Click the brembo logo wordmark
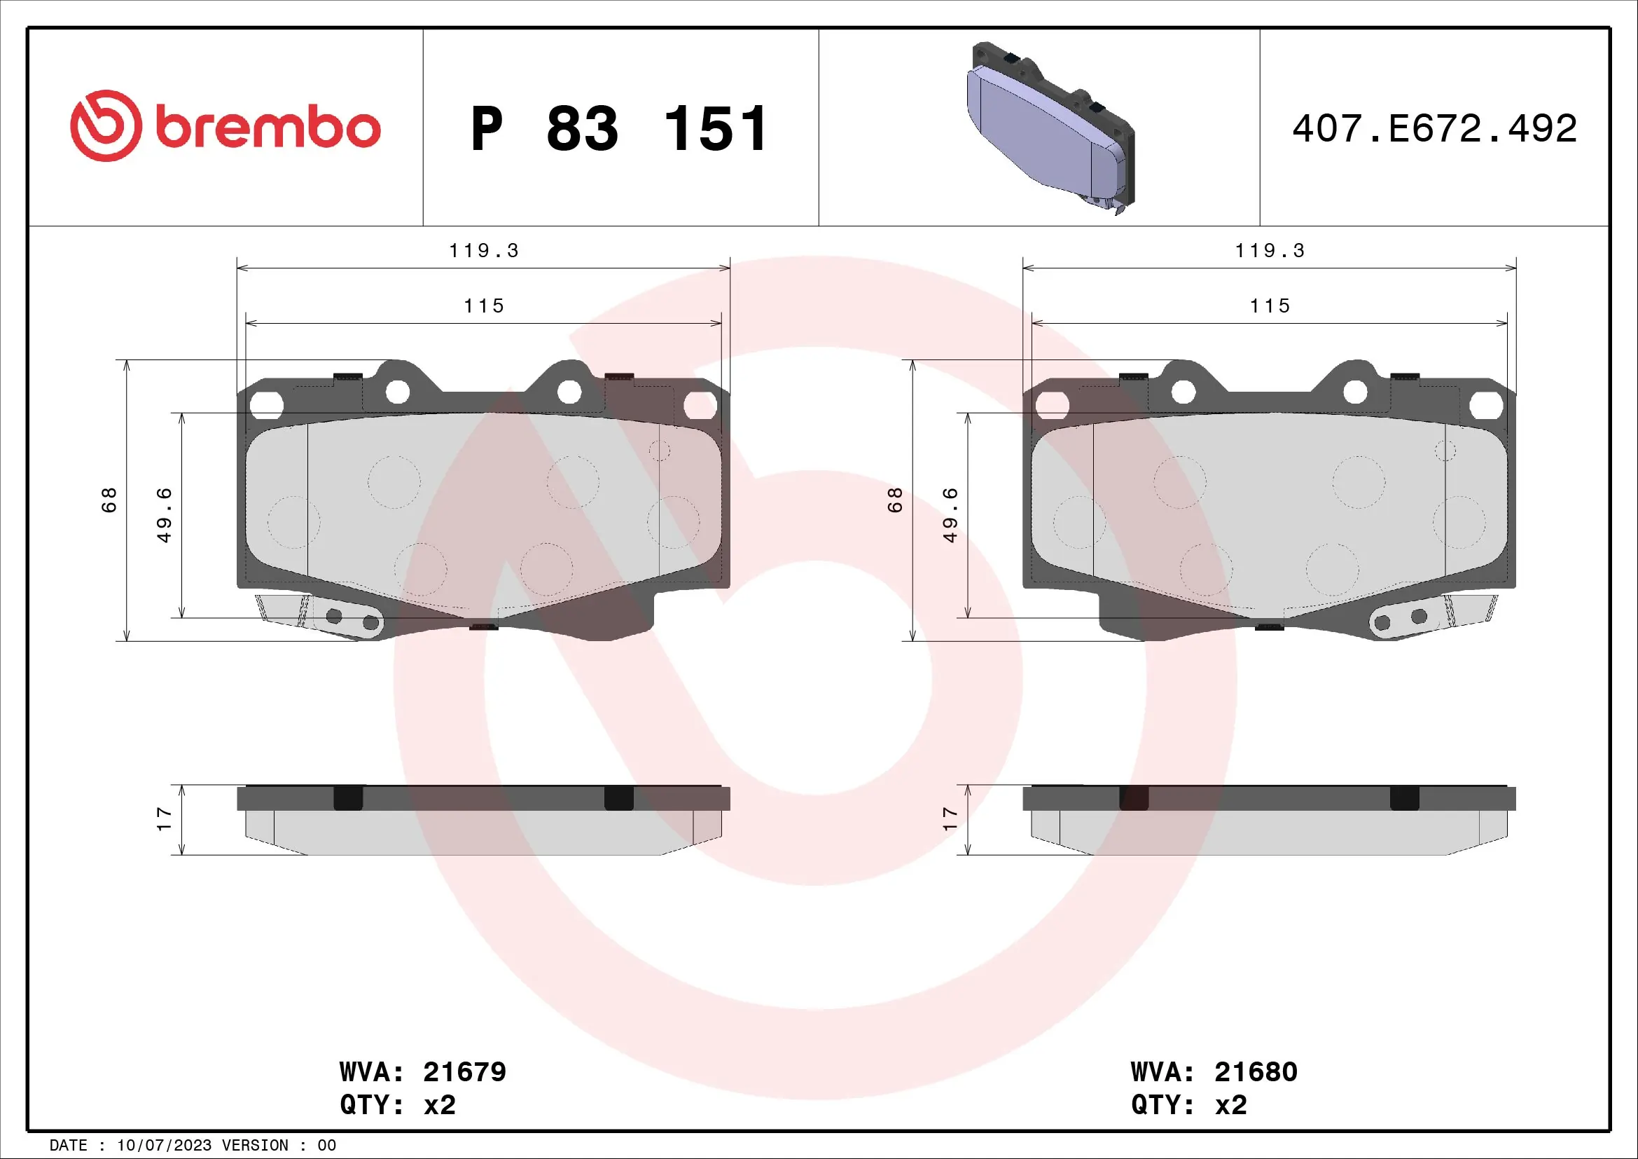(267, 128)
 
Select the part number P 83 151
(618, 129)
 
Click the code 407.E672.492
(1434, 128)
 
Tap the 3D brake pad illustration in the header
(1049, 128)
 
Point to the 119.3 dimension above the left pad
(483, 250)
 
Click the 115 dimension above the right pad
(1269, 306)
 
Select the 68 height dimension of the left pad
(109, 500)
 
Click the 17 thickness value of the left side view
(164, 818)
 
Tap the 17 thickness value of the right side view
(950, 818)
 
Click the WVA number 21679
(464, 1072)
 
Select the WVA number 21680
(1256, 1072)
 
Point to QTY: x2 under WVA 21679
(397, 1105)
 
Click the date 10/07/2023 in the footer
(164, 1146)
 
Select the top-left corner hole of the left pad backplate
(266, 405)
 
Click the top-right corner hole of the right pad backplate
(1486, 405)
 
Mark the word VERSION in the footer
(256, 1146)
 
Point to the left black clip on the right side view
(1134, 798)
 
